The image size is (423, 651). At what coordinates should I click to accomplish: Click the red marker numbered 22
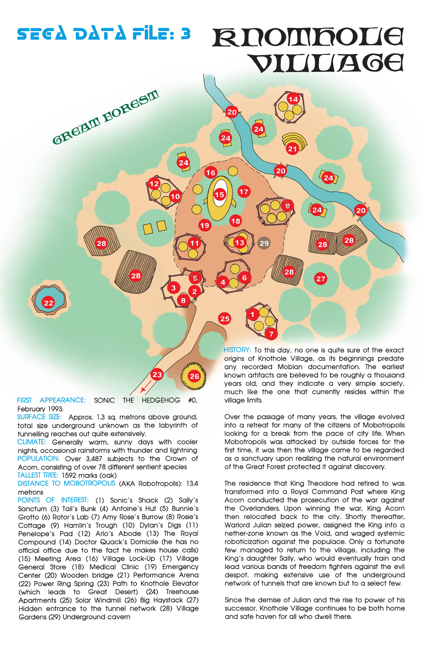[48, 302]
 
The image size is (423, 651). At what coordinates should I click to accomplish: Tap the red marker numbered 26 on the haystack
[194, 376]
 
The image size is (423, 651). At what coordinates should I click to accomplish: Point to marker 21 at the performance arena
[292, 149]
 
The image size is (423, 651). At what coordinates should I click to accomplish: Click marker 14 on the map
[293, 99]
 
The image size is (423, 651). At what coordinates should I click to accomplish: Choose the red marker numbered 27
[320, 278]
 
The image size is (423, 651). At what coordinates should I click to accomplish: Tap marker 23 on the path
[157, 374]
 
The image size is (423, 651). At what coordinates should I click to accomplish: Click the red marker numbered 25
[225, 318]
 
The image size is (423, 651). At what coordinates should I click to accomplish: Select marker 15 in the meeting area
[219, 194]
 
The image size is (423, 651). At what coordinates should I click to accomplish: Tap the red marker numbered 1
[252, 314]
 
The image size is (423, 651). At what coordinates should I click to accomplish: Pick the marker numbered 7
[271, 334]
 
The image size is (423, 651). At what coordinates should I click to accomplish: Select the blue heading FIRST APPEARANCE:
[51, 400]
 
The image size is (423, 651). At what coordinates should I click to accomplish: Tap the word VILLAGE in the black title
[327, 63]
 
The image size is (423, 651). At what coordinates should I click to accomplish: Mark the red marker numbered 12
[154, 184]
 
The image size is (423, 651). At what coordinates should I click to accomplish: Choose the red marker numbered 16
[210, 173]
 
